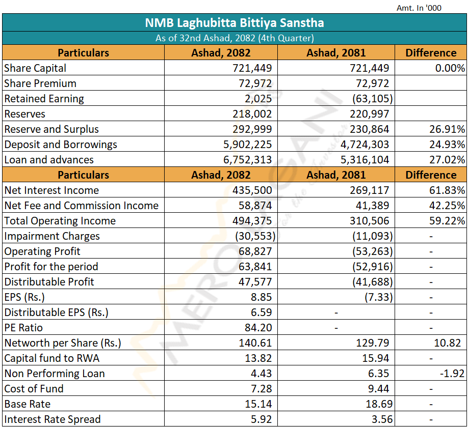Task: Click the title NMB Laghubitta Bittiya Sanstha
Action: coord(235,23)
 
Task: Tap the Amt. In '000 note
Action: coord(419,8)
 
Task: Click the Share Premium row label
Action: coord(40,83)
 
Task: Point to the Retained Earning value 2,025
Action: coord(258,99)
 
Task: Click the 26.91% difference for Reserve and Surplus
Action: coord(447,129)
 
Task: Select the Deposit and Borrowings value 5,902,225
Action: coord(247,145)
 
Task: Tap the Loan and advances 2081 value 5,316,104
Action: coord(365,160)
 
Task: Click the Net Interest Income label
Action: coord(51,190)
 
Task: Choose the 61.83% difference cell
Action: coord(447,190)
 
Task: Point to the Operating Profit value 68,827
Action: coord(255,251)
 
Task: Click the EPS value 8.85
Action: coord(261,297)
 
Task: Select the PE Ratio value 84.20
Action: coord(258,328)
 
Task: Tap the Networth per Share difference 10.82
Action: coord(448,343)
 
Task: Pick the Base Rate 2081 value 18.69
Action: coord(379,404)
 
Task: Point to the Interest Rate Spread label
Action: coord(53,419)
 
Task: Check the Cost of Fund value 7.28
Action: coord(261,389)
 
